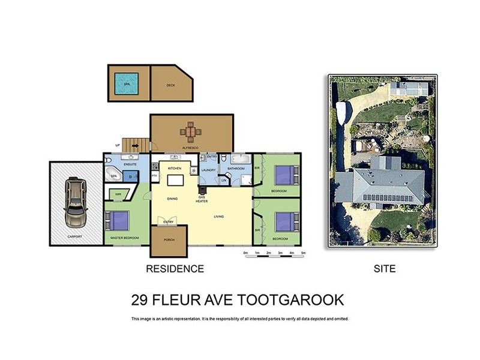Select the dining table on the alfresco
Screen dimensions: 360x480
coord(190,131)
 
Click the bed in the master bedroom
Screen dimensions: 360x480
coord(119,221)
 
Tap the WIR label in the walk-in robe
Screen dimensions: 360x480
coord(118,194)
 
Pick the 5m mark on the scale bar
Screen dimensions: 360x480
coord(304,253)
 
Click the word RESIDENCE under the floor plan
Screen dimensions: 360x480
coord(175,269)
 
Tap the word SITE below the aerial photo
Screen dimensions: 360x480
coord(384,269)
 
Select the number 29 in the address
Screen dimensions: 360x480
coord(139,299)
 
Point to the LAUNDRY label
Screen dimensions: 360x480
coord(208,170)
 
